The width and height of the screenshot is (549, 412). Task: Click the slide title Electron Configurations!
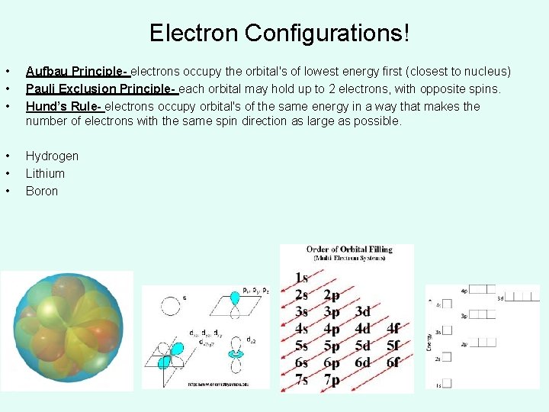pyautogui.click(x=280, y=33)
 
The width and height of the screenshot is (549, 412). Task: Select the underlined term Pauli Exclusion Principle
pyautogui.click(x=101, y=89)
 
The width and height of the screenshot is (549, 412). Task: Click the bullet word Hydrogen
pyautogui.click(x=52, y=156)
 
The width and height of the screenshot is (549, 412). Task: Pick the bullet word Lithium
pyautogui.click(x=45, y=173)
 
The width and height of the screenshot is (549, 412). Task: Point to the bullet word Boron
pyautogui.click(x=42, y=191)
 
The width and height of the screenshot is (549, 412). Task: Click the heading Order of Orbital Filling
pyautogui.click(x=349, y=249)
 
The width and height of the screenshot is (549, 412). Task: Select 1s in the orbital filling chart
pyautogui.click(x=302, y=278)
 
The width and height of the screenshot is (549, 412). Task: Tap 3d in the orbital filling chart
pyautogui.click(x=362, y=311)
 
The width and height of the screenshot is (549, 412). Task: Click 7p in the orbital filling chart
pyautogui.click(x=332, y=379)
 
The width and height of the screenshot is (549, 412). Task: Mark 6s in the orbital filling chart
pyautogui.click(x=302, y=362)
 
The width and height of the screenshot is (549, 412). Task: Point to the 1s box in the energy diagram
pyautogui.click(x=447, y=384)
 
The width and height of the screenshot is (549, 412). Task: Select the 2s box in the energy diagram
pyautogui.click(x=447, y=357)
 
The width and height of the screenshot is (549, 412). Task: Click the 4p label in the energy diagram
pyautogui.click(x=464, y=291)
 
